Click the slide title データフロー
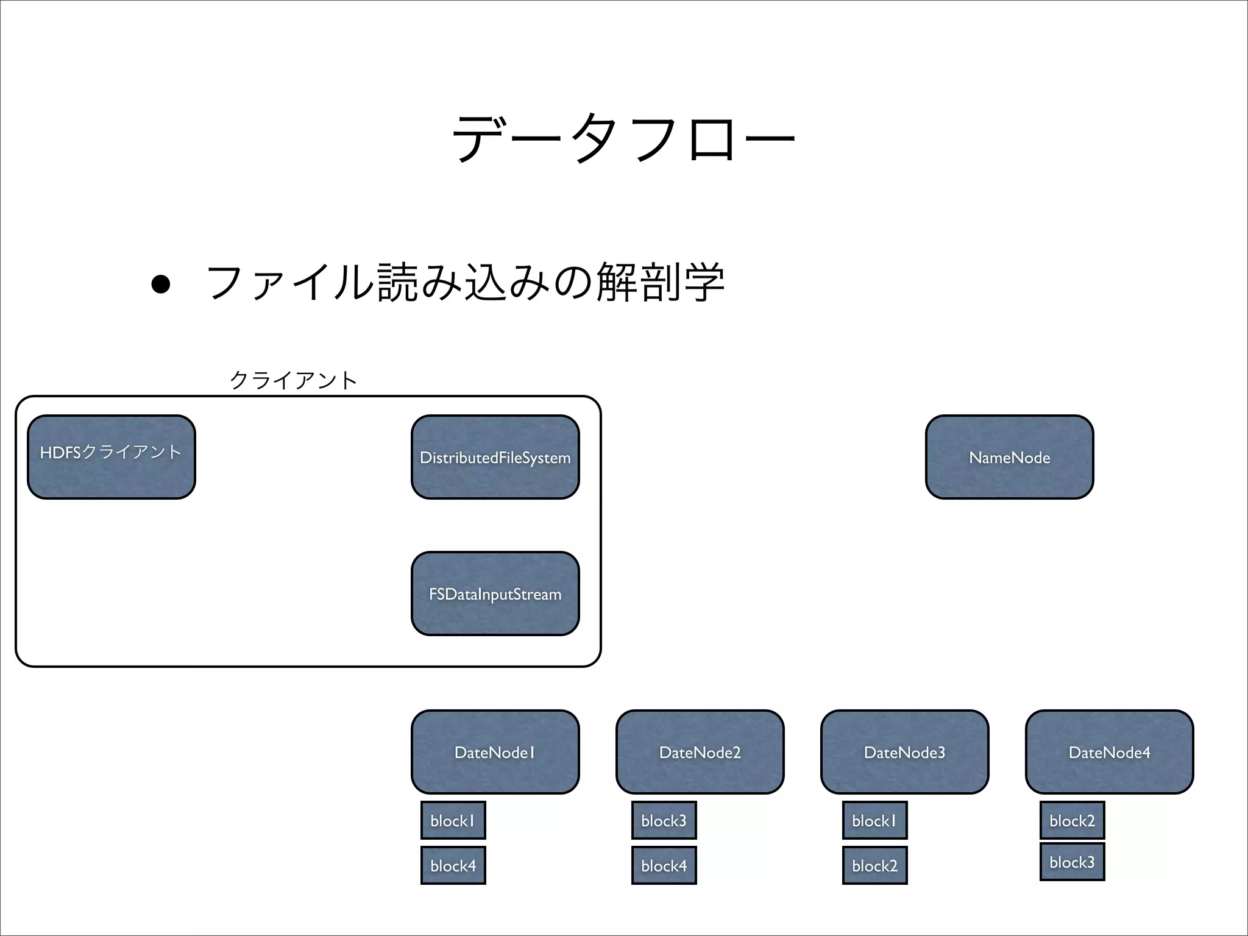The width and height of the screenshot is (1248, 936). (623, 139)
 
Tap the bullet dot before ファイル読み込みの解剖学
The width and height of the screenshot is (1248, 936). (160, 284)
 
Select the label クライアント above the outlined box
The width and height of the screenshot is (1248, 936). (293, 380)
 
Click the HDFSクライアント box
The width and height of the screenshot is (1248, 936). (112, 457)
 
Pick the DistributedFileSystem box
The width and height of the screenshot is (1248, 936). (495, 457)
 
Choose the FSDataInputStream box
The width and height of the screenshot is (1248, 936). (495, 594)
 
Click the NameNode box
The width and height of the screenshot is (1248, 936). (1009, 457)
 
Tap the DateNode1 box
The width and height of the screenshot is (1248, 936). (495, 752)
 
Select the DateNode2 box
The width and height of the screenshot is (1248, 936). (700, 752)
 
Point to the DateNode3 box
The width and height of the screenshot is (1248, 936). (904, 752)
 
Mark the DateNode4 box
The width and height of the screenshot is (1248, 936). (1109, 752)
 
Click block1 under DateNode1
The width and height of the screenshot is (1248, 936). (453, 820)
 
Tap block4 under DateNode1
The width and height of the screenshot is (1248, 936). (453, 865)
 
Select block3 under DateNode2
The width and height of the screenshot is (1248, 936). (664, 820)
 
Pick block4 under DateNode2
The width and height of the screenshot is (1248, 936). (664, 865)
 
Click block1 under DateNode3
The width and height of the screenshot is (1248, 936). (874, 820)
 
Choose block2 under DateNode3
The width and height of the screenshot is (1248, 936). (874, 865)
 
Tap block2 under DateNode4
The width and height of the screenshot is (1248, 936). (1072, 820)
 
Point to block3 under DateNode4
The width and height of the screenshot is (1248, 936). (1072, 862)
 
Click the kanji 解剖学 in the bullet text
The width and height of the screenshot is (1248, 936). (661, 283)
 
